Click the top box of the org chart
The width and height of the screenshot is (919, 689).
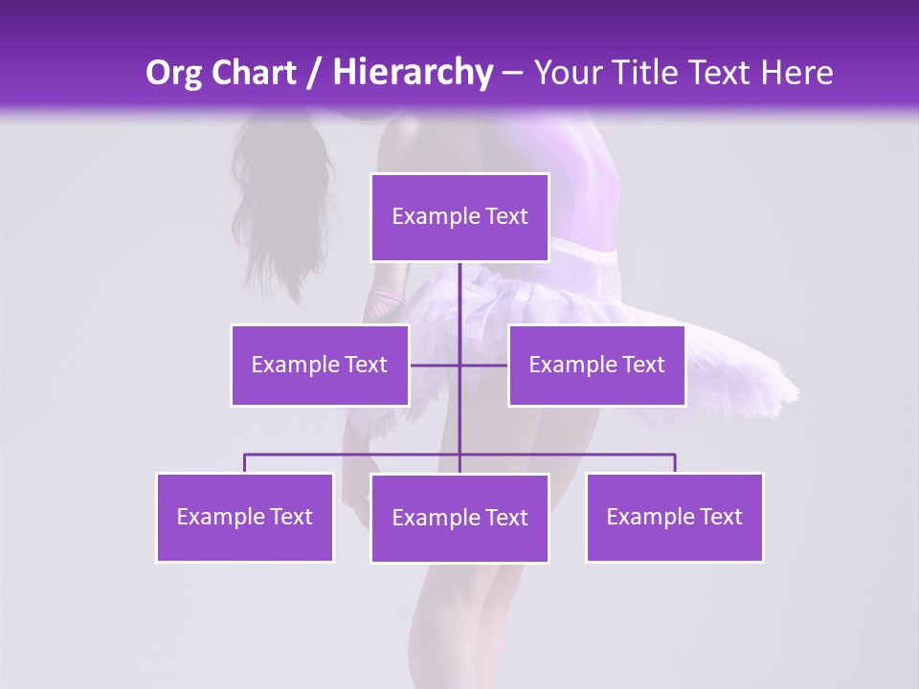pos(459,217)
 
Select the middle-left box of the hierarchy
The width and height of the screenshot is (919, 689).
pos(320,366)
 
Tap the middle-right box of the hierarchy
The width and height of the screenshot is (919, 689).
pos(596,366)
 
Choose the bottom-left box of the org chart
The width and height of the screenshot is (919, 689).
pos(245,518)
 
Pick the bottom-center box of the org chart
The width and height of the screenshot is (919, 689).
pos(459,519)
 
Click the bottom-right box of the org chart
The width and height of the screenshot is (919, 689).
pos(674,518)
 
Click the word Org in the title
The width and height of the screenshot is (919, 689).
pos(172,73)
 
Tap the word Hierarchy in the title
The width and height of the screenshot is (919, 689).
pos(412,73)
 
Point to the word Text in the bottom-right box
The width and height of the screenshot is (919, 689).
pos(720,518)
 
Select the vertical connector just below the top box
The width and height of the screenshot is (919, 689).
pos(459,287)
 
